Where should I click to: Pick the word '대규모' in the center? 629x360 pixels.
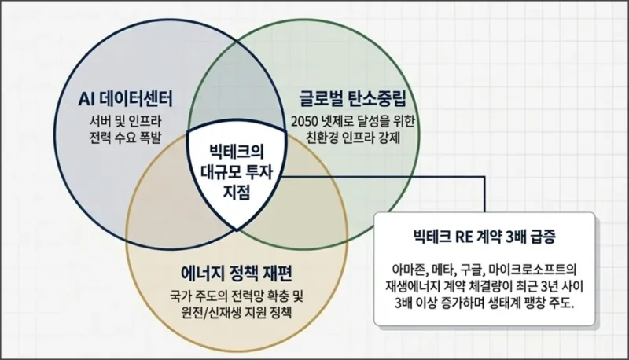220,168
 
